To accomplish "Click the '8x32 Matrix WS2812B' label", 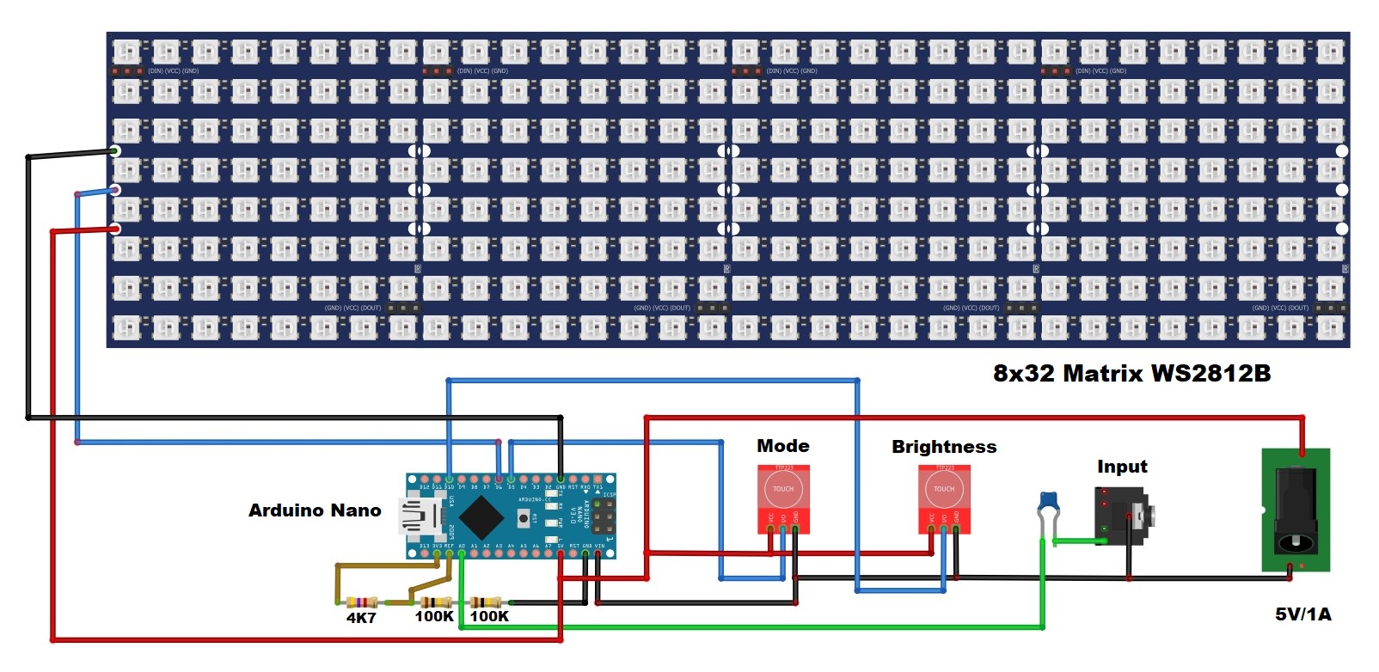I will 1131,373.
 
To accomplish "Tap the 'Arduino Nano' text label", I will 315,510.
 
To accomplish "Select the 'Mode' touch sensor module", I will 783,498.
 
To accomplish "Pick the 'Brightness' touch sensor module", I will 944,499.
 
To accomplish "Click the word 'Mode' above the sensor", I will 782,446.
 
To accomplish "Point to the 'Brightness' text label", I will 944,447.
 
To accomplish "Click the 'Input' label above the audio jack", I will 1122,467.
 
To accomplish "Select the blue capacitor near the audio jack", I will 1048,501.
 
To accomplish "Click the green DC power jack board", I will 1296,510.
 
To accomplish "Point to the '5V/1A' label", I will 1302,614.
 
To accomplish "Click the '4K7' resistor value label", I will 361,618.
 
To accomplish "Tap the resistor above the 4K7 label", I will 362,602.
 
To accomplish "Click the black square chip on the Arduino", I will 481,516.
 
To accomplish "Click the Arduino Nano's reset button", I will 523,517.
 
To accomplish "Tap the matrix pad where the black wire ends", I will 115,151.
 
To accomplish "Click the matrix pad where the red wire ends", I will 115,229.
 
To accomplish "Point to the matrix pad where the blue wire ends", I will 115,190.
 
